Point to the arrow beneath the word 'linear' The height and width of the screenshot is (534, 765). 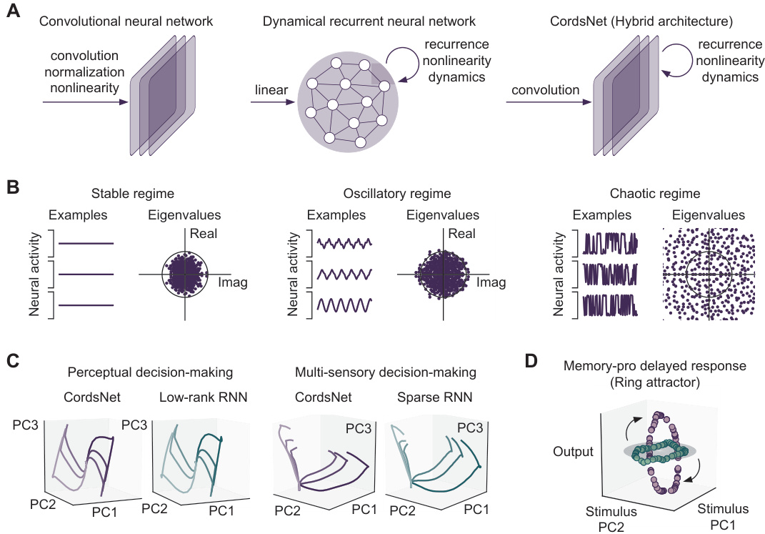272,103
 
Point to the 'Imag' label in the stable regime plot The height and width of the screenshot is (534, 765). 233,283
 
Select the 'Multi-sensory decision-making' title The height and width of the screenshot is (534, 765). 386,372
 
